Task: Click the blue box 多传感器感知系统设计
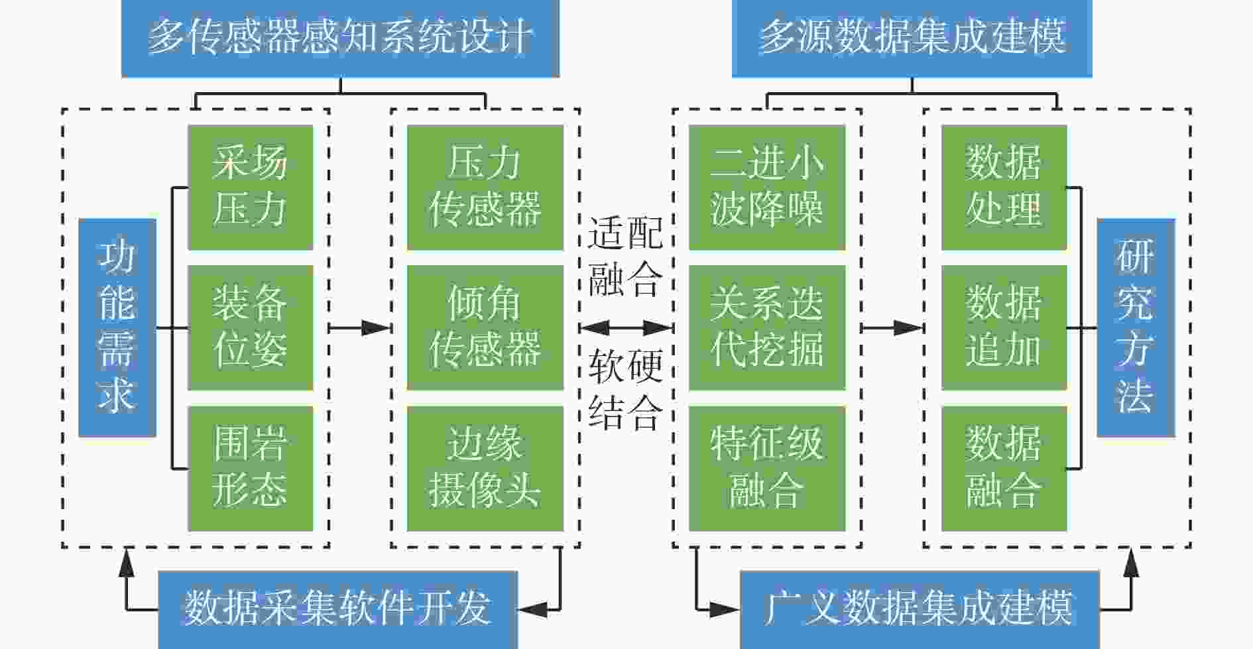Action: pyautogui.click(x=340, y=38)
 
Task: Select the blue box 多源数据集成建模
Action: pyautogui.click(x=912, y=38)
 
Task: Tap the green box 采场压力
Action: pyautogui.click(x=251, y=188)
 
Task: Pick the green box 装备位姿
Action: pyautogui.click(x=251, y=327)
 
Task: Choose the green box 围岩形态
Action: pyautogui.click(x=251, y=469)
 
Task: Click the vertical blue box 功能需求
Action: pyautogui.click(x=117, y=327)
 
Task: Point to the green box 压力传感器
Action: pyautogui.click(x=485, y=188)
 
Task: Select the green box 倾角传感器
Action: pyautogui.click(x=485, y=327)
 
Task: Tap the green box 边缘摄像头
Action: pyautogui.click(x=485, y=469)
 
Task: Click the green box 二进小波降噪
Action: pyautogui.click(x=767, y=188)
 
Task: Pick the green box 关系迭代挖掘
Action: pyautogui.click(x=767, y=327)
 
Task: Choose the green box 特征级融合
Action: pyautogui.click(x=767, y=469)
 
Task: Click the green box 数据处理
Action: pyautogui.click(x=1004, y=188)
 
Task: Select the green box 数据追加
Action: pyautogui.click(x=1004, y=327)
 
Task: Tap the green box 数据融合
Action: pyautogui.click(x=1004, y=469)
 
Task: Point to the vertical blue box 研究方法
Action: pyautogui.click(x=1136, y=327)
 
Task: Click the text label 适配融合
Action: pyautogui.click(x=625, y=256)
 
